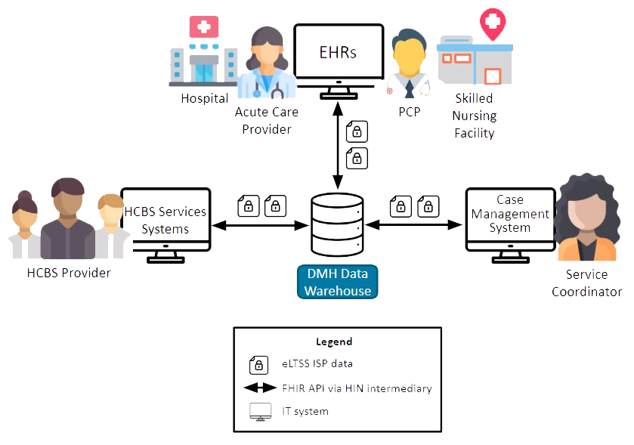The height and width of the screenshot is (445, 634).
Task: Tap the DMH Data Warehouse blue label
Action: coord(337,282)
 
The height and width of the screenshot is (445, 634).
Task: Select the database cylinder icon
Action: coord(337,225)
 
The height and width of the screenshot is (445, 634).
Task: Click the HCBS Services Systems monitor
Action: coord(165,220)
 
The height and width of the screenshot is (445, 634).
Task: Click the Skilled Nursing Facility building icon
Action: coord(474,60)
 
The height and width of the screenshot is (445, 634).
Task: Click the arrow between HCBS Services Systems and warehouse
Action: coord(261,224)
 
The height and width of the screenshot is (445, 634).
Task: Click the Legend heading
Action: coord(334,341)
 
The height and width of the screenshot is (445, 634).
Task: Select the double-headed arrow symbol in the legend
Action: coord(259,388)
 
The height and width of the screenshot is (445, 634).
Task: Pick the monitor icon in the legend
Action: coord(259,413)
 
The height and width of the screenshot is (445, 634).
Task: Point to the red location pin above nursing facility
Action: coord(493,23)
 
